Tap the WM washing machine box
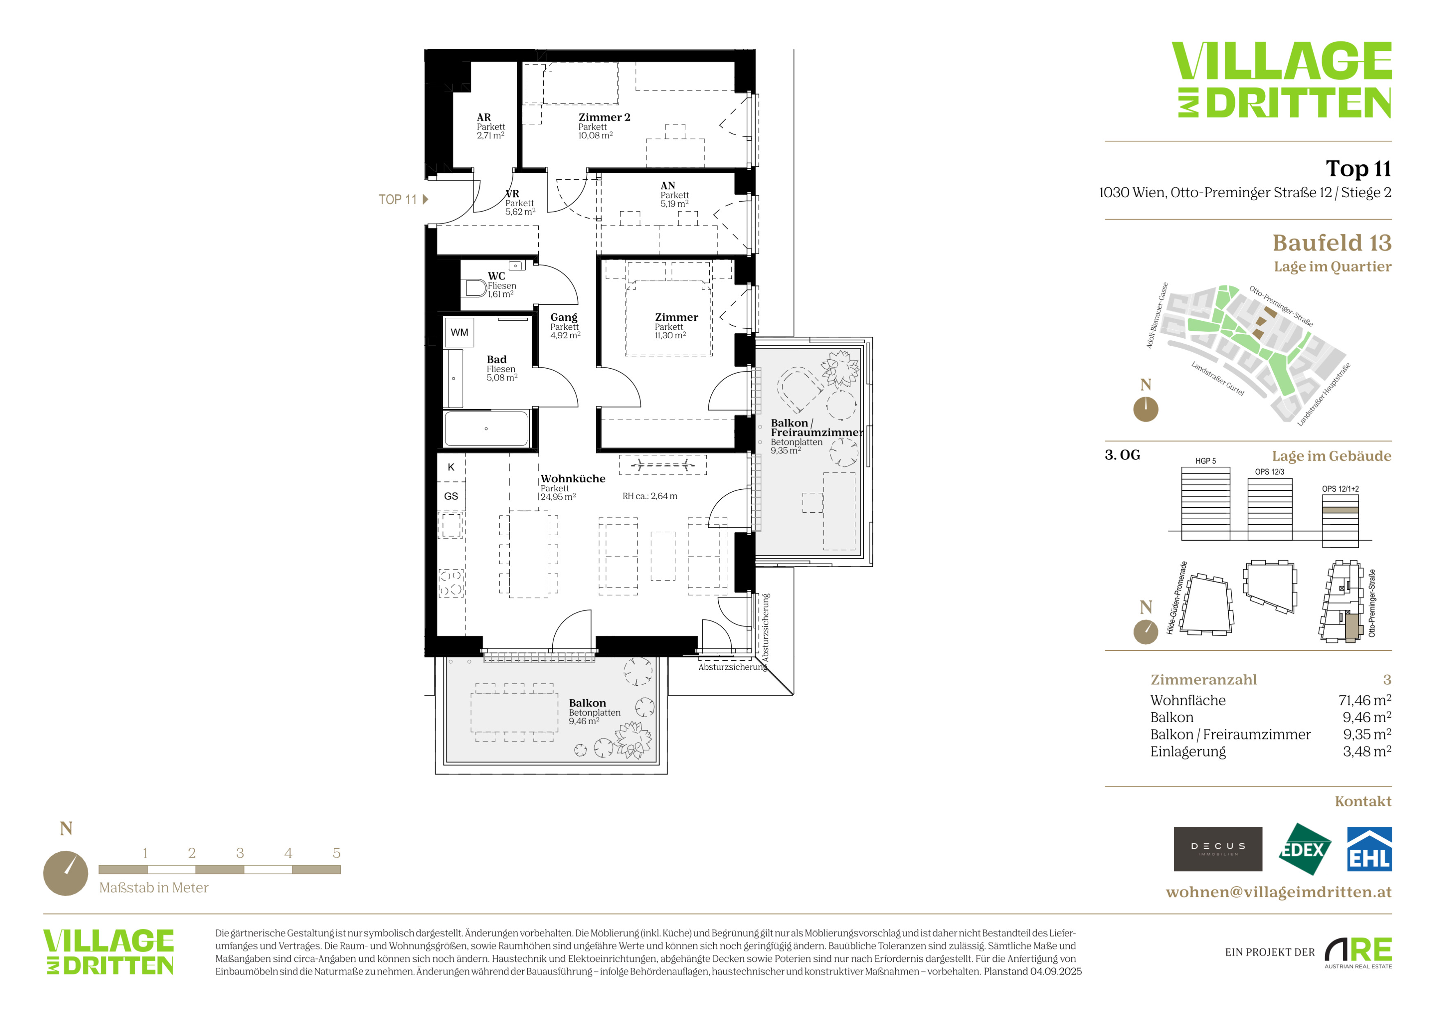pos(459,332)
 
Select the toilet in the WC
pos(476,288)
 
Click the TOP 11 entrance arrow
pos(426,199)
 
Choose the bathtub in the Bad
pos(486,429)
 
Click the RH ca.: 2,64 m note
pos(650,496)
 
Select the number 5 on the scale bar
pos(336,853)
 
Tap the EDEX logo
pos(1304,849)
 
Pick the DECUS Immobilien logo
pos(1218,849)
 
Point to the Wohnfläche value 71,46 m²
pos(1365,700)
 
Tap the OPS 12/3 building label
pos(1269,472)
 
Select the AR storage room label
pos(484,118)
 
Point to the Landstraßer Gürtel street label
pos(1218,379)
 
